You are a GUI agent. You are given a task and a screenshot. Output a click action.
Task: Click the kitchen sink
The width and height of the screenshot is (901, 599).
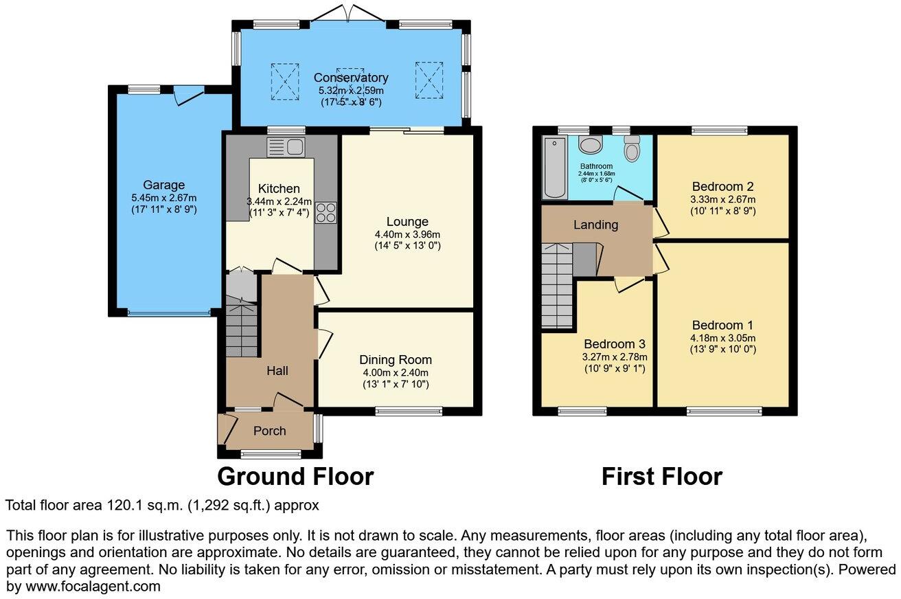point(286,146)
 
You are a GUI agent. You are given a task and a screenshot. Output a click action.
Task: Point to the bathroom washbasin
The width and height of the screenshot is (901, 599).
point(590,144)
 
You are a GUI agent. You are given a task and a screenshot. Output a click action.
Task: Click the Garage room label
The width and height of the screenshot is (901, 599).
point(163,185)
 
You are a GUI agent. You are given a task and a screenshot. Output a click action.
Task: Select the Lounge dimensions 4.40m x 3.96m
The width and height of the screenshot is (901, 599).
point(407,234)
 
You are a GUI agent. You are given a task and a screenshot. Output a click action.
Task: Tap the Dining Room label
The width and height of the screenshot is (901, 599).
point(396,360)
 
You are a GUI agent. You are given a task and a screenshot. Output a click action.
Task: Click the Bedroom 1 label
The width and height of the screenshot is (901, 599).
point(718,325)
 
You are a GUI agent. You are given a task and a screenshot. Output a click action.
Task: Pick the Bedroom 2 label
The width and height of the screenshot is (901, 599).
point(723,186)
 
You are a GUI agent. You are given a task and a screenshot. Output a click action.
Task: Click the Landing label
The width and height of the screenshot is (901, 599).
point(596,225)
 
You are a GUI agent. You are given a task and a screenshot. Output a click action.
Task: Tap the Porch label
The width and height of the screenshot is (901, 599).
point(269,431)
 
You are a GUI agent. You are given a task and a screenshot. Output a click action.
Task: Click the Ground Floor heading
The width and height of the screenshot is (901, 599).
point(295,476)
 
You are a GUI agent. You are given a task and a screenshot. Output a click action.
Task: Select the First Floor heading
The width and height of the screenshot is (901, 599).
point(661,476)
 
